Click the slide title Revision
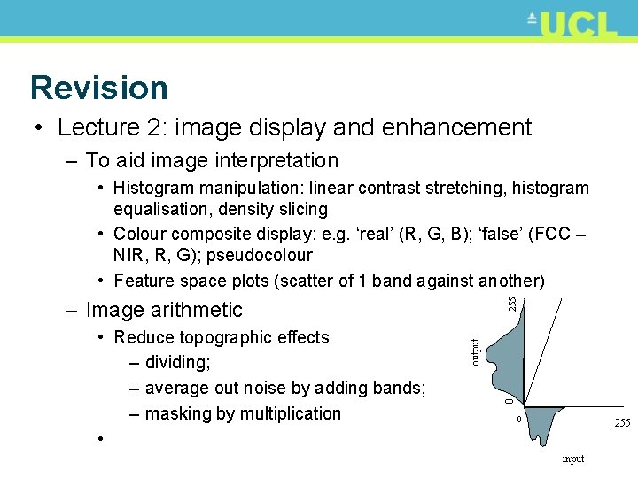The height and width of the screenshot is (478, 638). point(98,88)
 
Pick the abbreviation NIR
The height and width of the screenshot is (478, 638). point(129,255)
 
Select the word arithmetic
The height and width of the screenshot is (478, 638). point(199,310)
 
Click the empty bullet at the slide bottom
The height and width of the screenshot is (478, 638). point(104,439)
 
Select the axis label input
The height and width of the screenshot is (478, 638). point(573,459)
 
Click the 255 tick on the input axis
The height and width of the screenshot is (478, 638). point(621,423)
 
